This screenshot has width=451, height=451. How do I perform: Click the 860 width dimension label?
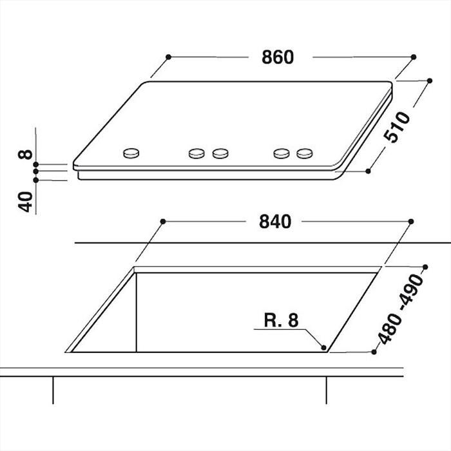pyautogui.click(x=278, y=57)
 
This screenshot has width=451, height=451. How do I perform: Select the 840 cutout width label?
pyautogui.click(x=276, y=221)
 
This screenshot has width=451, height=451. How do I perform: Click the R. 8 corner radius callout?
pyautogui.click(x=282, y=320)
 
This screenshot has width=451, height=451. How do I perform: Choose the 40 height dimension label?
pyautogui.click(x=25, y=202)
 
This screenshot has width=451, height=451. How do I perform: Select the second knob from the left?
pyautogui.click(x=197, y=153)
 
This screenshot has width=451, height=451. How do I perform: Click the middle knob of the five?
pyautogui.click(x=220, y=153)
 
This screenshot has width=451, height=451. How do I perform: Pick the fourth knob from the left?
pyautogui.click(x=281, y=153)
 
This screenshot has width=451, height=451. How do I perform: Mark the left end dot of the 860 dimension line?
pyautogui.click(x=168, y=57)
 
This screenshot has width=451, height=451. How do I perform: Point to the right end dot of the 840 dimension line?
pyautogui.click(x=410, y=221)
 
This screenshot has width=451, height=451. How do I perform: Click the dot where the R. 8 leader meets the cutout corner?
pyautogui.click(x=327, y=349)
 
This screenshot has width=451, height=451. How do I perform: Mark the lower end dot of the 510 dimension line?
pyautogui.click(x=368, y=171)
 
